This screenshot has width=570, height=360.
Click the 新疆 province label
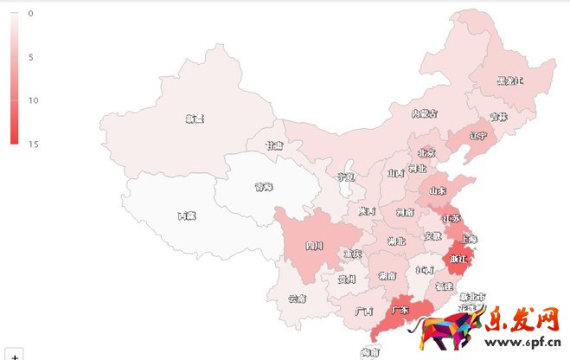point(195,119)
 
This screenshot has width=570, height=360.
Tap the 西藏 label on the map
point(187,215)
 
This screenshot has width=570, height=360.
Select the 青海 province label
point(264,186)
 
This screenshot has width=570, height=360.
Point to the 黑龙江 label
point(509,81)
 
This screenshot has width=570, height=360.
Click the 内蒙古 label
point(424,113)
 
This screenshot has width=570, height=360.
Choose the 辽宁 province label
point(478,136)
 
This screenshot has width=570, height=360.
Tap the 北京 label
point(426,153)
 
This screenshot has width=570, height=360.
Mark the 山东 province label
point(438,190)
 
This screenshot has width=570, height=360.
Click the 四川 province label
point(316,246)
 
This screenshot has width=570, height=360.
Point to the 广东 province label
point(400,309)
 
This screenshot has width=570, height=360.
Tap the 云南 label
point(298,299)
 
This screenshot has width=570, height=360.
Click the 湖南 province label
point(387,276)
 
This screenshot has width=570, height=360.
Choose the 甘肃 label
point(274,146)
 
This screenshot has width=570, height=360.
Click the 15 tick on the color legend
point(32,144)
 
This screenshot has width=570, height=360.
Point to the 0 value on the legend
point(30,14)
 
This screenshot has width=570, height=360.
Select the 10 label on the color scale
point(32,100)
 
